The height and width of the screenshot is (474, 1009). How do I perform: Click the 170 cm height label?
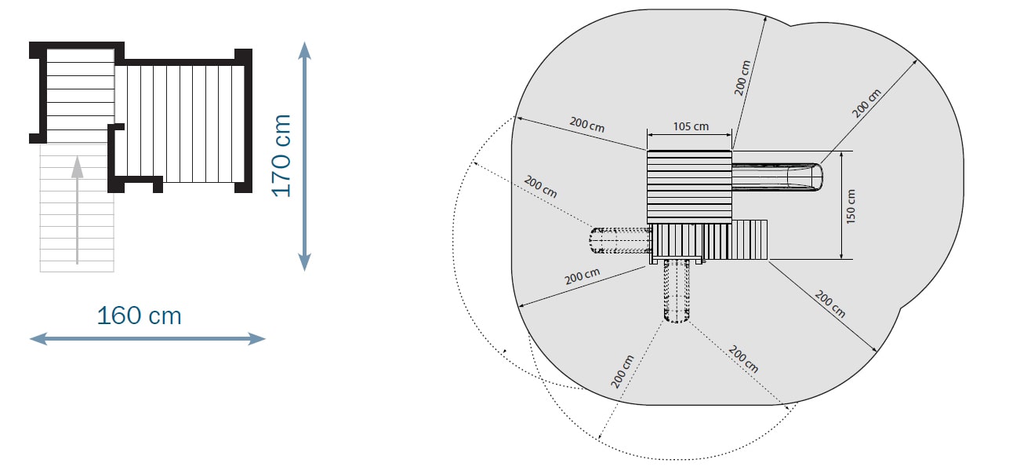(281, 155)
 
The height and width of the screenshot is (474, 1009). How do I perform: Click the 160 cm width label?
(140, 315)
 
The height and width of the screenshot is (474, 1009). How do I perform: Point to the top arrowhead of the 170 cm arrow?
(305, 52)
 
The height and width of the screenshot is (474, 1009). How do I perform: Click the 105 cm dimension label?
(690, 126)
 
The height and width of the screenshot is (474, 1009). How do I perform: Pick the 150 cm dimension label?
(852, 206)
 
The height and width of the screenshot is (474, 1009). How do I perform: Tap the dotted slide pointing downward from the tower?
(676, 290)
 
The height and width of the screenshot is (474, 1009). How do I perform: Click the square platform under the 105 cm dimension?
(688, 186)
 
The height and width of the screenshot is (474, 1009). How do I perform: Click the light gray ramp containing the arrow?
(77, 208)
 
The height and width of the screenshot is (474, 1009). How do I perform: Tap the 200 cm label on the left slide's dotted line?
(540, 188)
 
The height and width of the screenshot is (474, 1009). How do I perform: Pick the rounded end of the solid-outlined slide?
(817, 177)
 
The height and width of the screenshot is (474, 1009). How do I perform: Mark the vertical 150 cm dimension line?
(841, 206)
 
